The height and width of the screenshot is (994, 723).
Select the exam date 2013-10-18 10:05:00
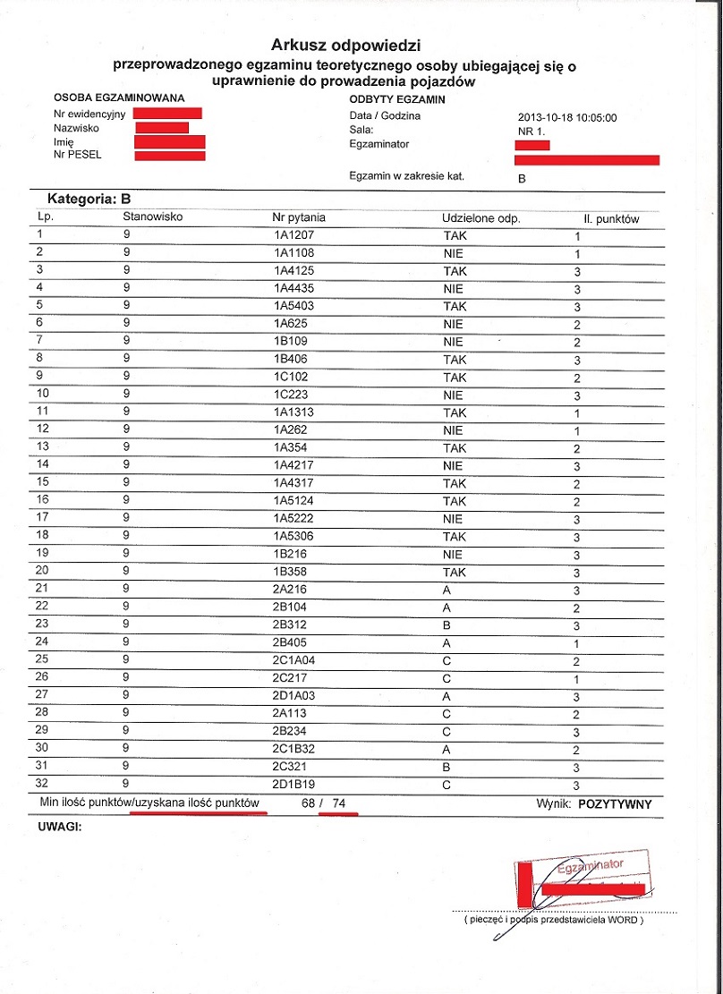[x=567, y=116]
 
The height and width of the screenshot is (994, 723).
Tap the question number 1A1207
[x=294, y=236]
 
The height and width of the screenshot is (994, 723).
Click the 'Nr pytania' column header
[x=299, y=217]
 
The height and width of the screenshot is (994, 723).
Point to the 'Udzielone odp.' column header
[x=481, y=218]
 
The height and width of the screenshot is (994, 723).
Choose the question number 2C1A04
[x=296, y=661]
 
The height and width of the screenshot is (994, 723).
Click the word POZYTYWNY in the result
[x=615, y=803]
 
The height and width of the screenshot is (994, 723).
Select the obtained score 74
[x=338, y=803]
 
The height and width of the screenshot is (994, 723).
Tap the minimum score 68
[x=309, y=803]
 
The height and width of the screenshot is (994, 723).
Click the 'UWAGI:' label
[x=60, y=827]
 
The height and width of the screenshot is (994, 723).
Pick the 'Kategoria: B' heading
[x=83, y=200]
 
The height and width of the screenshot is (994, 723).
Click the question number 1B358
[x=292, y=573]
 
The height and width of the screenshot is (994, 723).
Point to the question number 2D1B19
[x=296, y=785]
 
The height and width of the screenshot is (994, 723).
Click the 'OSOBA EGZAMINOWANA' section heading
[x=118, y=98]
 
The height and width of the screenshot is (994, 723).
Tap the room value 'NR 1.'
[x=532, y=131]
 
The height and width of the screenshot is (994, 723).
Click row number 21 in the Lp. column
[x=43, y=590]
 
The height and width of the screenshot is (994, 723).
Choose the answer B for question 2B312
[x=447, y=625]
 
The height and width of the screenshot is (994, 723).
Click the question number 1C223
[x=292, y=395]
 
